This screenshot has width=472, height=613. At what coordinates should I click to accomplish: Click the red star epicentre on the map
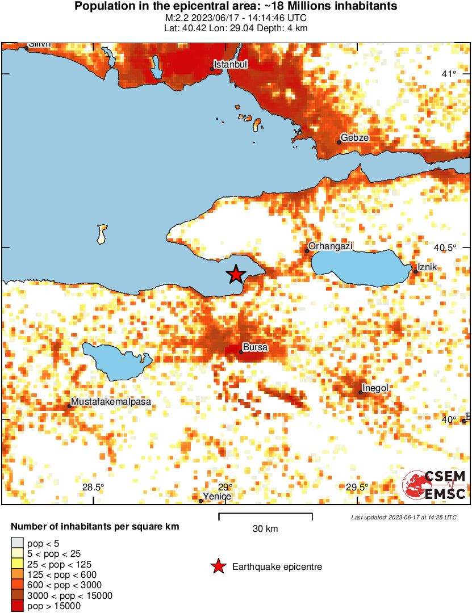click(x=236, y=274)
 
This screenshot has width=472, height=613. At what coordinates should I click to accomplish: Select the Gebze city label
click(x=354, y=138)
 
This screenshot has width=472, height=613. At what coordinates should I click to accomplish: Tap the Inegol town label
click(x=375, y=388)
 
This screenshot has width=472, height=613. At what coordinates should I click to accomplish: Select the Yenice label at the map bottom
click(x=218, y=496)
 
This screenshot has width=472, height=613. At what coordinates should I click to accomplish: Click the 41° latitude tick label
click(x=449, y=74)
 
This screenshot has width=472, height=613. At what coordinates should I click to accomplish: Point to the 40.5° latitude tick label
click(x=446, y=248)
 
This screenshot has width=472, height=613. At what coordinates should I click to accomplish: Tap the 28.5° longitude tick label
click(x=93, y=487)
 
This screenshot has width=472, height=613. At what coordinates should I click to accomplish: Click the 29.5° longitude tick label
click(x=357, y=487)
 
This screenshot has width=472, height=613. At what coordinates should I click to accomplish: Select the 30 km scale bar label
click(x=265, y=529)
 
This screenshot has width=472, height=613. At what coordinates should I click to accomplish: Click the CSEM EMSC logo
click(x=435, y=485)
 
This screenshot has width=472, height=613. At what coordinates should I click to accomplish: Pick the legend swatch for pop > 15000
click(x=18, y=606)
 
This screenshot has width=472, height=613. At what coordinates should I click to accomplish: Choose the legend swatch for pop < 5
click(x=18, y=544)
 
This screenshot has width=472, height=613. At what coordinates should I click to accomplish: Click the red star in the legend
click(x=217, y=566)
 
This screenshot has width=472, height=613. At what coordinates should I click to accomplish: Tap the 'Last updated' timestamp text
click(x=403, y=517)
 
